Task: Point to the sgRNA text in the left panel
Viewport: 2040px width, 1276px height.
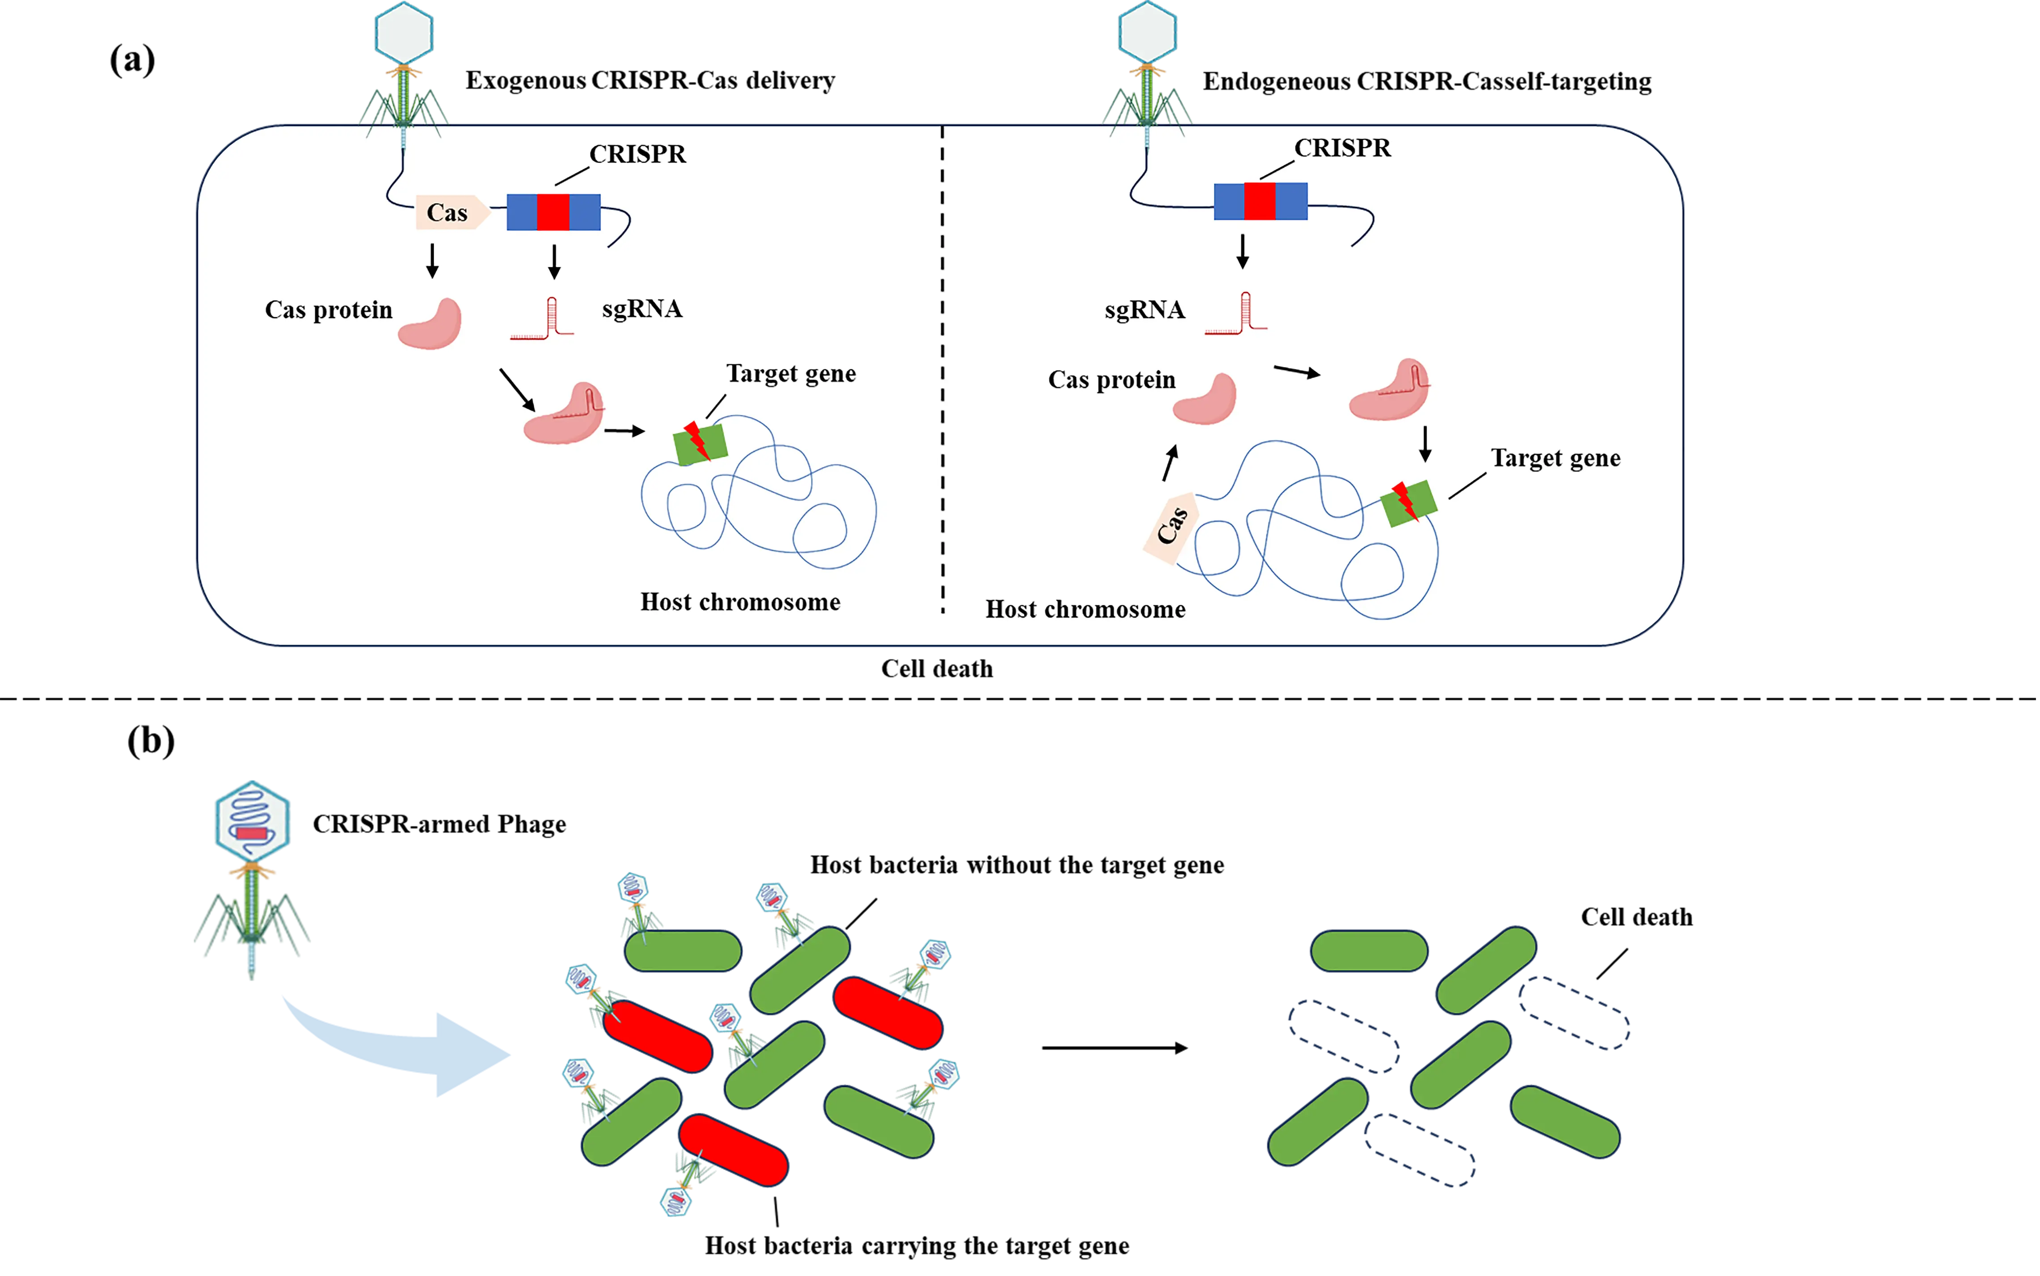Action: [x=641, y=310]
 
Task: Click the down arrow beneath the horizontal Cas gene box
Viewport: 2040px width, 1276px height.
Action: [x=432, y=261]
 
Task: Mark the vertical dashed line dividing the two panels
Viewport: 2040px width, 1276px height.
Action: [x=942, y=372]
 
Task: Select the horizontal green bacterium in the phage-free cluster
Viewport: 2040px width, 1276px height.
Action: [x=1369, y=951]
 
